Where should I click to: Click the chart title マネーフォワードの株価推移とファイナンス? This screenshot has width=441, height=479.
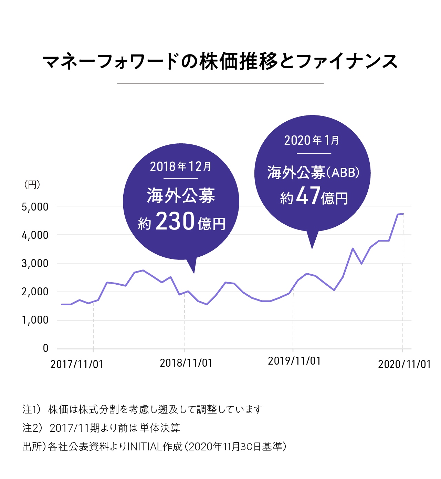click(220, 62)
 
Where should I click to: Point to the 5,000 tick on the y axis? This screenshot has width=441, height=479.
click(35, 207)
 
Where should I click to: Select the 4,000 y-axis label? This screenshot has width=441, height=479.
click(35, 235)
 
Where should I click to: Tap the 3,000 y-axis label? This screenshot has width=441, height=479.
click(35, 264)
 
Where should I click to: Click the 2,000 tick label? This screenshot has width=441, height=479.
click(35, 292)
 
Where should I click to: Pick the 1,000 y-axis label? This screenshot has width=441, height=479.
click(35, 320)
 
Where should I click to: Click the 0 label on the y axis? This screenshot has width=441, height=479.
click(45, 348)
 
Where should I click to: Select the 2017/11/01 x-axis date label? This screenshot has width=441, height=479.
click(77, 364)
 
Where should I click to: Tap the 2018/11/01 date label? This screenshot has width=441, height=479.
click(186, 363)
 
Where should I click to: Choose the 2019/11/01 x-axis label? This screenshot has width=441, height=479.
click(294, 361)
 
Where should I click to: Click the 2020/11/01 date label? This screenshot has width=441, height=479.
click(405, 364)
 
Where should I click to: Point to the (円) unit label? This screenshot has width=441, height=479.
click(32, 185)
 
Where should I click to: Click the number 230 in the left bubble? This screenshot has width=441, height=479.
click(175, 221)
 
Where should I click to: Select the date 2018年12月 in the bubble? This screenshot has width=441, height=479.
click(181, 167)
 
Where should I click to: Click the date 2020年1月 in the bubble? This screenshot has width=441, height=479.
click(312, 140)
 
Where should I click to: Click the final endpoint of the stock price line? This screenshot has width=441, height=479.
click(403, 214)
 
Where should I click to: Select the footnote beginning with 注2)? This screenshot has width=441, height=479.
click(101, 428)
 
